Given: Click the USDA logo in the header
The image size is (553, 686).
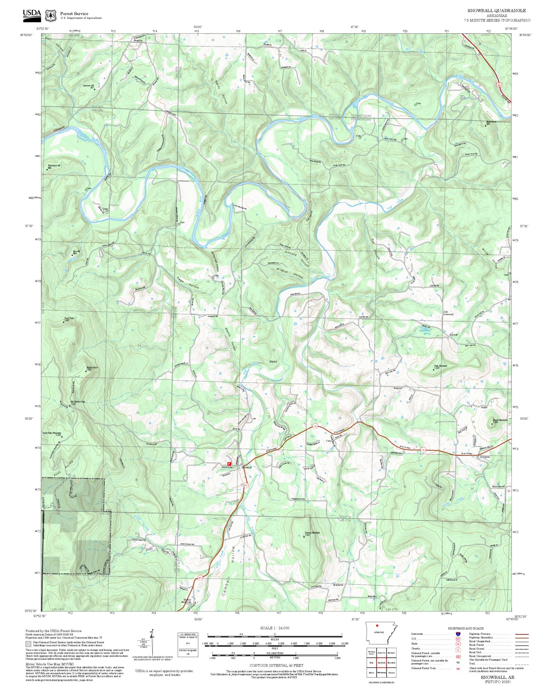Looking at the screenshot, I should click(x=32, y=16).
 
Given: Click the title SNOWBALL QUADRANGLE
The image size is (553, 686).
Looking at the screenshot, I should click(x=497, y=11).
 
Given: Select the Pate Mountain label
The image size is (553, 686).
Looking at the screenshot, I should click(x=441, y=366).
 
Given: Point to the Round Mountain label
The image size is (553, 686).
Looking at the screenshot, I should click(x=500, y=420).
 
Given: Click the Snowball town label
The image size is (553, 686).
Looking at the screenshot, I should click(x=247, y=467).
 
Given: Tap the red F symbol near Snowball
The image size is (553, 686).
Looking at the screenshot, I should click(x=229, y=464).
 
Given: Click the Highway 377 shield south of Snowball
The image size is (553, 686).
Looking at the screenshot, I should click(x=245, y=485).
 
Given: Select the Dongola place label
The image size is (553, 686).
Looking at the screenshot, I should click(x=485, y=457).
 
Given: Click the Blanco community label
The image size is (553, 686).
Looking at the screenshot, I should click(x=273, y=361).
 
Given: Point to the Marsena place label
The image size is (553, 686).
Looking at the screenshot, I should click(x=338, y=585).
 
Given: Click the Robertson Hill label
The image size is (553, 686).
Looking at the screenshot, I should click(x=54, y=166).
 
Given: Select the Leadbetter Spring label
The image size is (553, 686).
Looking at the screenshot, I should click(x=425, y=332).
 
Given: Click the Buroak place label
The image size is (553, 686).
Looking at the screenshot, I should click(x=453, y=335).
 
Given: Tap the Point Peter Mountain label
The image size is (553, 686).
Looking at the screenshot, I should click(x=52, y=433).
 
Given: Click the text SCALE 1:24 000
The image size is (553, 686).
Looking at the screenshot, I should click(x=275, y=628).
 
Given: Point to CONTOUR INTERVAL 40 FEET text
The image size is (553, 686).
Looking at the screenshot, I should click(x=276, y=665).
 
